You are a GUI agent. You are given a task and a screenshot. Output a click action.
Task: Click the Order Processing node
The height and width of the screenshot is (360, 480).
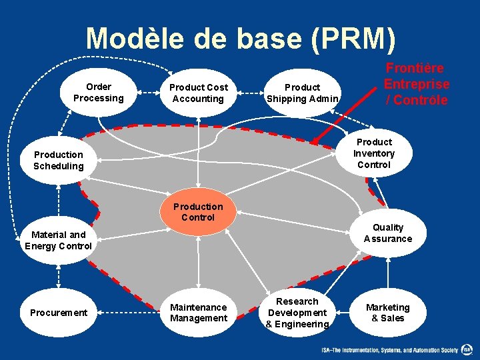pos(99,93)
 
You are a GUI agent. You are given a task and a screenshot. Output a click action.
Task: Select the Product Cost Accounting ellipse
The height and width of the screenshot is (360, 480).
pos(198,93)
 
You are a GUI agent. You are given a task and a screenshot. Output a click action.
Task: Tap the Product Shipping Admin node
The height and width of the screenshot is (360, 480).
pos(303,93)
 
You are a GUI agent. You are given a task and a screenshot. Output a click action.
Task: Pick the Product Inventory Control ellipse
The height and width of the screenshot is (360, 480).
pos(374,153)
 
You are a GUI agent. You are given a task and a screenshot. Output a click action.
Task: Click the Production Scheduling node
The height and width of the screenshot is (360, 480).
pos(59,161)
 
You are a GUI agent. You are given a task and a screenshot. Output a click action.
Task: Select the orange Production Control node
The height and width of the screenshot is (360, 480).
pos(198,212)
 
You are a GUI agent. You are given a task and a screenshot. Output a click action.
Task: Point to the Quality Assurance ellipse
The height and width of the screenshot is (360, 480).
pos(388,233)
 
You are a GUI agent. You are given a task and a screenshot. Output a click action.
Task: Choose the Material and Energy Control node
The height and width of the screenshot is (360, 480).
pos(59,240)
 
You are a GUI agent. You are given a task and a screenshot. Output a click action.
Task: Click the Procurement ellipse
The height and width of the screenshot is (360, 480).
pos(59,313)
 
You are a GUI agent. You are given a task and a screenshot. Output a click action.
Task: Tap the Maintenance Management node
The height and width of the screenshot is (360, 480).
pos(198,313)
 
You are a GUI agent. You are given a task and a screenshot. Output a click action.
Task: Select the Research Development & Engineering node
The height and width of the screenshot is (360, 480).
pos(297,313)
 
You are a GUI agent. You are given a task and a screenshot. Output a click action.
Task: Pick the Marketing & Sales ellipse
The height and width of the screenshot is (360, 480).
pos(388,313)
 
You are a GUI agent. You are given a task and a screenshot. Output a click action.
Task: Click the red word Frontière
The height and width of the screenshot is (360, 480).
pos(416,69)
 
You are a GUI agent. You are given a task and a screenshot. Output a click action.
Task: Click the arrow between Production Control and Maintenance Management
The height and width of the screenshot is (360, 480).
pos(198,263)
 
